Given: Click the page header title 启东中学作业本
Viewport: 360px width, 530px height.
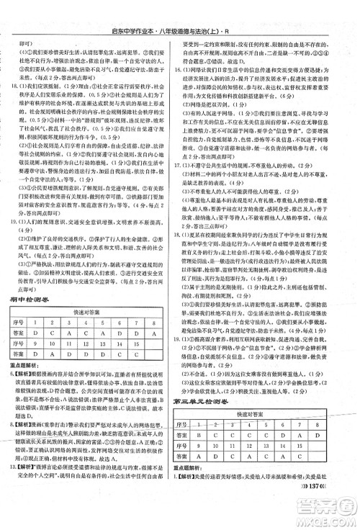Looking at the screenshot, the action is click(136, 9).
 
